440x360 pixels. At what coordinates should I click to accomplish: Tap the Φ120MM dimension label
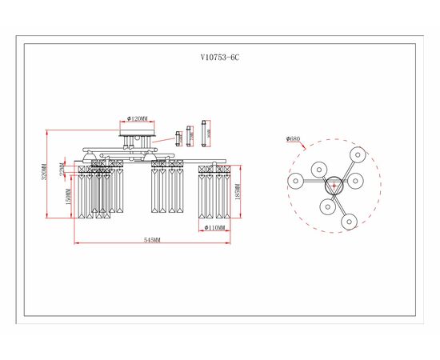[138, 119]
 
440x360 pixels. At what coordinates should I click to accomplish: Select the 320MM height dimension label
[47, 171]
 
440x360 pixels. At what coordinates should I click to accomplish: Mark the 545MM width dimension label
[152, 240]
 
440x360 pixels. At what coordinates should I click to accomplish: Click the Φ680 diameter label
[294, 139]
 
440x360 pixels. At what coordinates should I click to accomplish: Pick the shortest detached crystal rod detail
[178, 138]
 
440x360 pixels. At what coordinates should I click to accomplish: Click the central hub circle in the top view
[334, 183]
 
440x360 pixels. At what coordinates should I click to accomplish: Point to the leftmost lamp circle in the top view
[295, 182]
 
